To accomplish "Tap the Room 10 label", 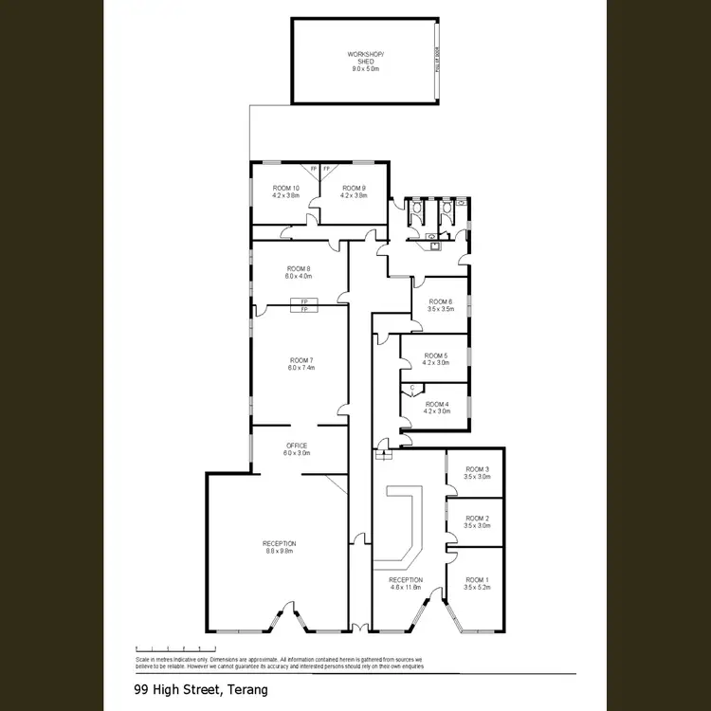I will (285, 188).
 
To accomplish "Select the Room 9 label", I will (354, 188).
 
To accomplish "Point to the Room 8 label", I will (299, 269).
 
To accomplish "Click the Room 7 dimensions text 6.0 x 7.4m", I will (301, 368).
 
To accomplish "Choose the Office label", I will (297, 445).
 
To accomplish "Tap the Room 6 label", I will (441, 301).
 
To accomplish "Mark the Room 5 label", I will (436, 355).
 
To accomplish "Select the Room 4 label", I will (436, 405).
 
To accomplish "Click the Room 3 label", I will (477, 469).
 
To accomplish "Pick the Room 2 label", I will (477, 519).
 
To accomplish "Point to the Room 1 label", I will (477, 579).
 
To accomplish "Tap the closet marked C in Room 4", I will (412, 388).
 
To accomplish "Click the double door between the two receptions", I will (357, 627).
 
